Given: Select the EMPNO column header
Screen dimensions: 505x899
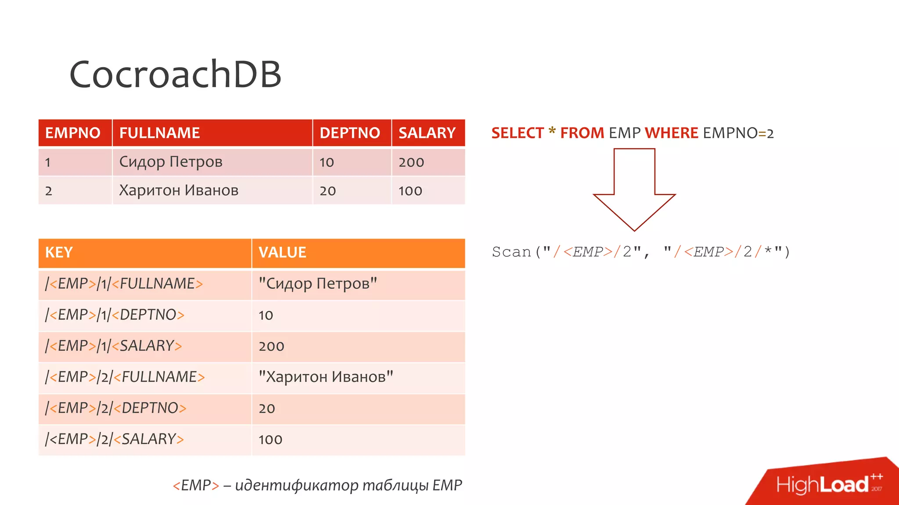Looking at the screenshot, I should (x=73, y=133).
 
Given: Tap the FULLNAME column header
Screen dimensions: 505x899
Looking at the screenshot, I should (x=159, y=133).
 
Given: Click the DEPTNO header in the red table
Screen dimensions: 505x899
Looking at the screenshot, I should (x=349, y=133).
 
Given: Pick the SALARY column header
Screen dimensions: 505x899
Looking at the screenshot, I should (x=427, y=133).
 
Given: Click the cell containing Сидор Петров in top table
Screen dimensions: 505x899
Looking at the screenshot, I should (x=171, y=162).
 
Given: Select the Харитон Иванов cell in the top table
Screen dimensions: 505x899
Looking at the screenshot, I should (x=179, y=190).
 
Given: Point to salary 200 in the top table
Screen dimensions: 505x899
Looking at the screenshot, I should (x=411, y=162).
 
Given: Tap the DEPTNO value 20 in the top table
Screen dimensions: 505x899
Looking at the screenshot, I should (x=327, y=191).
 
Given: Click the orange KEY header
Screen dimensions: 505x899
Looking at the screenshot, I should (x=59, y=252).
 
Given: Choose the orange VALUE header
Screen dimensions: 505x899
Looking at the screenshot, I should (x=282, y=252).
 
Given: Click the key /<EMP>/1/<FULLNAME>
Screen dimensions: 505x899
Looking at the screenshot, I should (x=124, y=284).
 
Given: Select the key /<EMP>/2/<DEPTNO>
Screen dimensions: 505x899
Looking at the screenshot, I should (x=115, y=408).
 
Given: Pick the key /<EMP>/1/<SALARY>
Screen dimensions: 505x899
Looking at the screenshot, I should (x=113, y=346).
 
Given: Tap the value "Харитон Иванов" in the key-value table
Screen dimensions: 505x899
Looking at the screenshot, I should (x=325, y=377).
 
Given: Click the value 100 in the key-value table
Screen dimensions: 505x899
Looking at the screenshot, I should (x=270, y=439).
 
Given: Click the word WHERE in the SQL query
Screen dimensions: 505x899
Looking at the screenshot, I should (x=671, y=133).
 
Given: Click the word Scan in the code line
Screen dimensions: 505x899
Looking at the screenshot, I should (x=511, y=252).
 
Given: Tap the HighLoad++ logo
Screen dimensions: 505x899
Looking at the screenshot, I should (x=827, y=484).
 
